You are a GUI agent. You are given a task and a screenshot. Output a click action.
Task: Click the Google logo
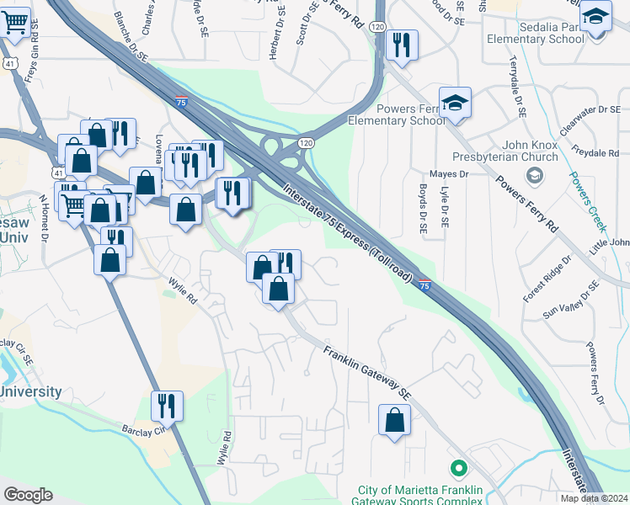28,495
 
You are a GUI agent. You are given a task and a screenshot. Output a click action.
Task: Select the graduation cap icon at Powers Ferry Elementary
455,103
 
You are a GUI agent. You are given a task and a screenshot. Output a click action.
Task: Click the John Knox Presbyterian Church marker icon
532,175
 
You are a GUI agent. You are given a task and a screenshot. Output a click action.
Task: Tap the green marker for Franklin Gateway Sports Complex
458,467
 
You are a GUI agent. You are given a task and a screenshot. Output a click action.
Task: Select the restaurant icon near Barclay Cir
167,406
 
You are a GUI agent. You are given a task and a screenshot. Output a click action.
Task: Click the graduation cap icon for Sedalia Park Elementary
595,15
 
